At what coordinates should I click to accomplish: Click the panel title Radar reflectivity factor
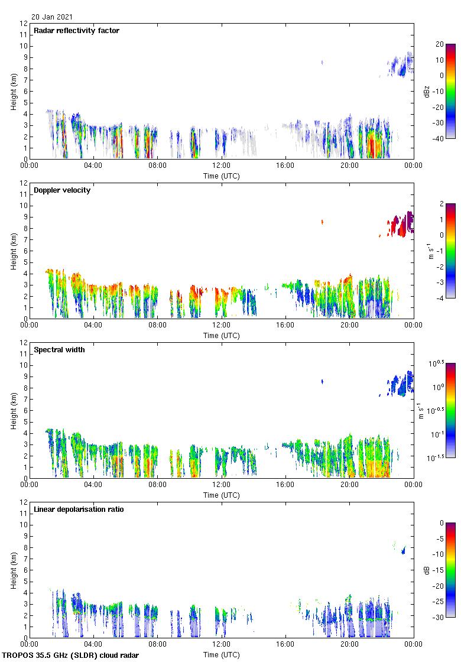pos(77,31)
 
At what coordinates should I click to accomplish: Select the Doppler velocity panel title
pos(62,190)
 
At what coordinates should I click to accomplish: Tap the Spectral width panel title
pos(59,350)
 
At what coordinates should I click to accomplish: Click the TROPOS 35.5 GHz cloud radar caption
pos(71,655)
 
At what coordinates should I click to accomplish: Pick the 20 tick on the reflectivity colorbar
pos(439,44)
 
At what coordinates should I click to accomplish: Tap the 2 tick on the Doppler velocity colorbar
pos(441,204)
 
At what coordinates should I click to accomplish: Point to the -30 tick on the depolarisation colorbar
pos(440,617)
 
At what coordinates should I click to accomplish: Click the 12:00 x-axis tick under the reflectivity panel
pos(222,166)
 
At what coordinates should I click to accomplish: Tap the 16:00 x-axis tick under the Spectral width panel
pos(285,485)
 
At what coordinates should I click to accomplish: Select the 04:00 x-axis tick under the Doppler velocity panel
pos(93,326)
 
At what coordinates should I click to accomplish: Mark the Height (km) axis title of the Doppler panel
pos(13,251)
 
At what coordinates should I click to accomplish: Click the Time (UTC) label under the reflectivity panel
pos(222,176)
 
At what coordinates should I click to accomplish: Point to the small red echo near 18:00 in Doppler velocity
pos(322,222)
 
